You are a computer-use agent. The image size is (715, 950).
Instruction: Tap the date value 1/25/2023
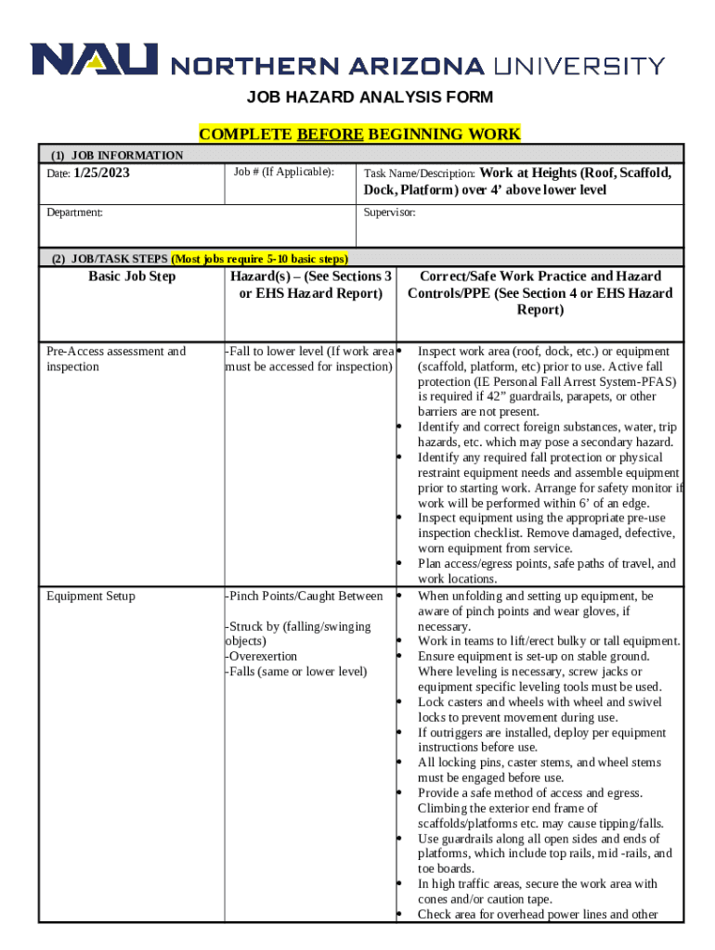coord(102,173)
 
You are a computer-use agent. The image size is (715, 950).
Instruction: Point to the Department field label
coord(75,212)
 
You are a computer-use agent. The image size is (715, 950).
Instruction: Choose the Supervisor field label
coord(389,212)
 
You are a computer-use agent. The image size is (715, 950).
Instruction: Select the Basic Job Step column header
coord(132,276)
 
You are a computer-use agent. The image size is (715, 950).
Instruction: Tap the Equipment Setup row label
coord(91,596)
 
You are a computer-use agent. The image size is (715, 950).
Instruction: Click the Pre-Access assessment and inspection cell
coord(116,359)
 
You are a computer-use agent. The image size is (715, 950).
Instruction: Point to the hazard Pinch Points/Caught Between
coord(305,596)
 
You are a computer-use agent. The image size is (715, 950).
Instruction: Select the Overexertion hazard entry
coord(262,656)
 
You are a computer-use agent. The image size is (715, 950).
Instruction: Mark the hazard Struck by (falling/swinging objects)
coord(298,634)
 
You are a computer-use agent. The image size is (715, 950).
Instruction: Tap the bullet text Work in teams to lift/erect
coord(548,641)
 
